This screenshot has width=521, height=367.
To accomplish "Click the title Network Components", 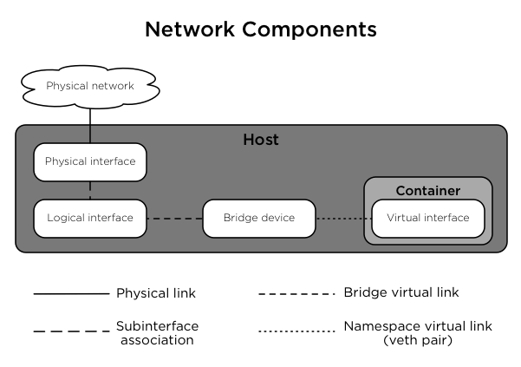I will pyautogui.click(x=260, y=29).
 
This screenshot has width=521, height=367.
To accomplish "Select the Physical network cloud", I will pyautogui.click(x=89, y=86).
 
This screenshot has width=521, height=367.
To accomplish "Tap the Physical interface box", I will pyautogui.click(x=89, y=162).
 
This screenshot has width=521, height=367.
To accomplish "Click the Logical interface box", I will pyautogui.click(x=89, y=218).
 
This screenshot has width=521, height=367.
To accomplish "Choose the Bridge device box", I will pyautogui.click(x=258, y=218).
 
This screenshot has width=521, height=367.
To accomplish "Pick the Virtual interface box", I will pyautogui.click(x=427, y=218).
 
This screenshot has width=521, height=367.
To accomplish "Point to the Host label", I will pyautogui.click(x=260, y=140).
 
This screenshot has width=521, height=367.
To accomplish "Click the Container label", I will pyautogui.click(x=427, y=190).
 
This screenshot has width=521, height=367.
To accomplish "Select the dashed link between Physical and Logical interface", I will pyautogui.click(x=89, y=190).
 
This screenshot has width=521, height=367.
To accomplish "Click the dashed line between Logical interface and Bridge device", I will pyautogui.click(x=174, y=219).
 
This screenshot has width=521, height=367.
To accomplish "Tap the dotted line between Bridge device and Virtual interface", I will pyautogui.click(x=342, y=219).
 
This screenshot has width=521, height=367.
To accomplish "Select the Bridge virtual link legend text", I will pyautogui.click(x=401, y=293).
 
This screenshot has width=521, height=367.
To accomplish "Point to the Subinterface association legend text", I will pyautogui.click(x=157, y=332).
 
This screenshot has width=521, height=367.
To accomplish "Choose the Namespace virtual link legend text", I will pyautogui.click(x=418, y=332).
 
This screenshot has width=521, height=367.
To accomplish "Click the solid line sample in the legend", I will pyautogui.click(x=71, y=294).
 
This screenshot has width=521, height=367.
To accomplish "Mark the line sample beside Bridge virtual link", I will pyautogui.click(x=296, y=294).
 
